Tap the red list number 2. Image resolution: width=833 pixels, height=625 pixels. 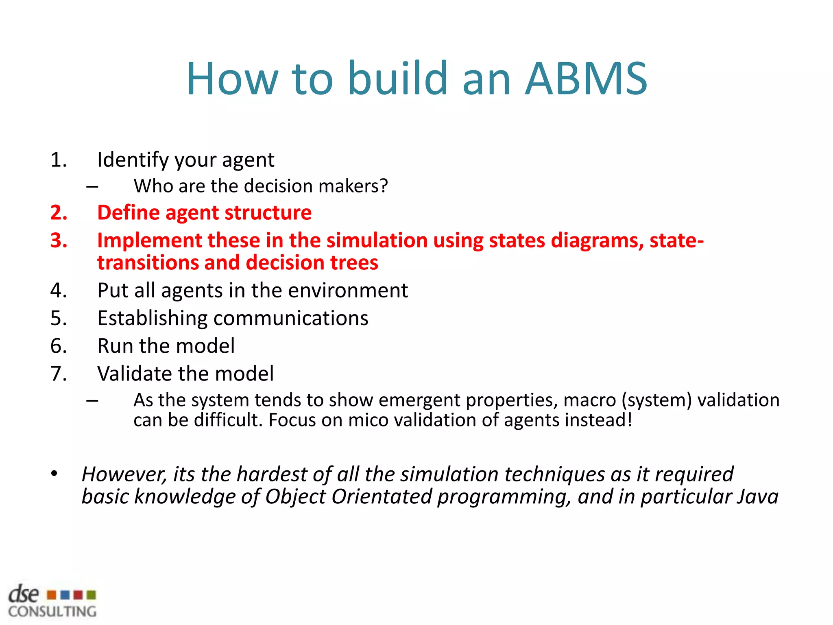[59, 213]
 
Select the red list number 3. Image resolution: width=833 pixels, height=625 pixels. [59, 240]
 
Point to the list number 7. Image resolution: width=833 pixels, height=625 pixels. [59, 374]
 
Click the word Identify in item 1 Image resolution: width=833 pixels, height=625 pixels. [133, 160]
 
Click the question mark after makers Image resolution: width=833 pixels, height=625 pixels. [384, 186]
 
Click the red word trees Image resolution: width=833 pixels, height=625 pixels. [354, 263]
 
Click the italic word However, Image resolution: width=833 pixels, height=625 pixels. [124, 474]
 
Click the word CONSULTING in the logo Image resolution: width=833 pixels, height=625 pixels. [52, 611]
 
